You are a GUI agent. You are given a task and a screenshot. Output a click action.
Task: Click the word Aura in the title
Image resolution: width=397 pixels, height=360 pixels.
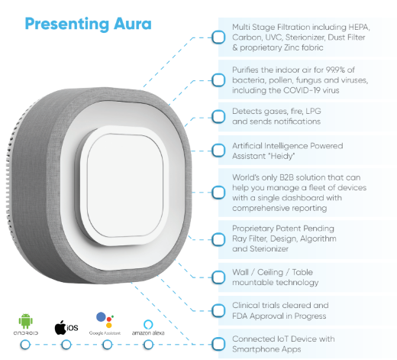tap(133, 24)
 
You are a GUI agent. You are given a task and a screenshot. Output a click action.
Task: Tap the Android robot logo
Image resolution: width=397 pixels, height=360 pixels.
tap(25, 321)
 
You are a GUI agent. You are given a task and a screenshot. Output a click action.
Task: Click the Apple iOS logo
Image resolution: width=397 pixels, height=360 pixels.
tap(66, 327)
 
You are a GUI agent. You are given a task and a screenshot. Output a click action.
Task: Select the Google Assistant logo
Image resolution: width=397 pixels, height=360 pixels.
tap(105, 320)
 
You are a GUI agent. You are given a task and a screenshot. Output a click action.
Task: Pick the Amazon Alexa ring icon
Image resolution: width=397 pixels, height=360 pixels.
tap(148, 325)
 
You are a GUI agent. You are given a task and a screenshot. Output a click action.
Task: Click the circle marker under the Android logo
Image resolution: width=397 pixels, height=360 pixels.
tap(25, 345)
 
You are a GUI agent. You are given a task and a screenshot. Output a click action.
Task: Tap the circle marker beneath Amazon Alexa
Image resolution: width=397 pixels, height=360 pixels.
tap(148, 345)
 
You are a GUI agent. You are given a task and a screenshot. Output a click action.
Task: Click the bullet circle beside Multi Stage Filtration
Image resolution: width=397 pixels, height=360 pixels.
tap(218, 37)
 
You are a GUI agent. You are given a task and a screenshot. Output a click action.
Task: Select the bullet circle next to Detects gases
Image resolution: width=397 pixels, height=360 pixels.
tap(218, 116)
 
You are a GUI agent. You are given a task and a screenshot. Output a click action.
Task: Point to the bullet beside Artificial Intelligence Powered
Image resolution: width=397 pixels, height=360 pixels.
tap(218, 151)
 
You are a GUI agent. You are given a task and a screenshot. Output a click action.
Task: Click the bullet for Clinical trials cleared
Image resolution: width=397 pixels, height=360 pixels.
tap(218, 310)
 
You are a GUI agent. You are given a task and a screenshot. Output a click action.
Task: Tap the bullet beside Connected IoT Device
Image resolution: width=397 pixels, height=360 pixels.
tap(218, 344)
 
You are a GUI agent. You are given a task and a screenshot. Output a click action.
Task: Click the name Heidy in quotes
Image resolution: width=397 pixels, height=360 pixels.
tap(280, 156)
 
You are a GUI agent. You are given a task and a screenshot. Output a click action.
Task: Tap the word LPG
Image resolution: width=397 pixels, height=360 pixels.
tap(313, 111)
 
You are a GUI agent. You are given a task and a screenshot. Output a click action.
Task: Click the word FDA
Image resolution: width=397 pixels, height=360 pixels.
tap(240, 316)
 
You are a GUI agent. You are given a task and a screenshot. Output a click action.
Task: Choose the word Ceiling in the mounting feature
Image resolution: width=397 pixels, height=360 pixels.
tap(270, 272)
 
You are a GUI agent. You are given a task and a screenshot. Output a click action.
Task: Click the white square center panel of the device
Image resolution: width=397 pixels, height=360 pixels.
tap(124, 186)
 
